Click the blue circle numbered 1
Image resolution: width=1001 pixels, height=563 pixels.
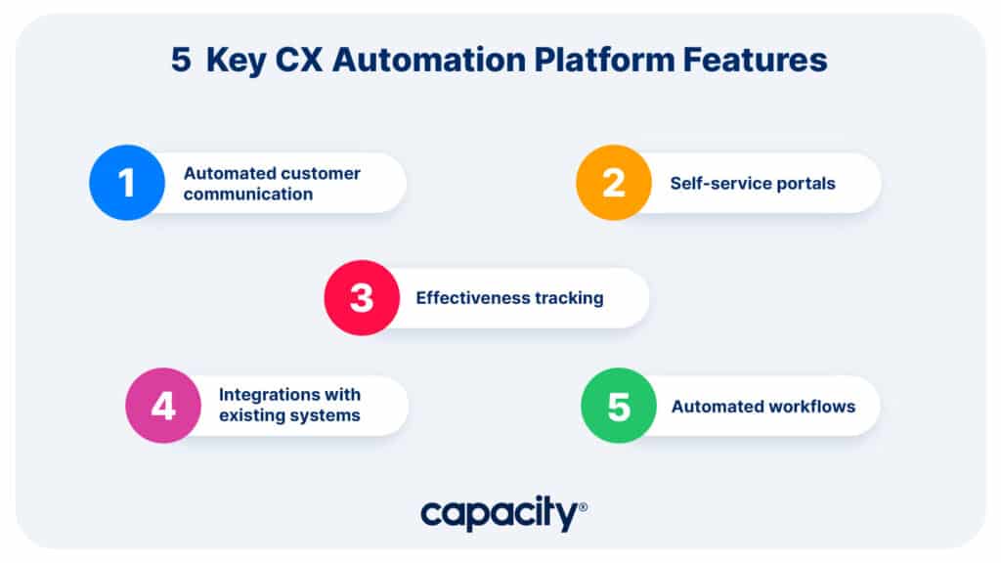(127, 183)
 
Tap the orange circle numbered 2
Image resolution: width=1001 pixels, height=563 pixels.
(613, 183)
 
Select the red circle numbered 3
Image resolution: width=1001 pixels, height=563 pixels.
(362, 298)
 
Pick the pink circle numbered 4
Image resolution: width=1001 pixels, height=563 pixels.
(163, 406)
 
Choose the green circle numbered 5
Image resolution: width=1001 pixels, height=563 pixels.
(619, 406)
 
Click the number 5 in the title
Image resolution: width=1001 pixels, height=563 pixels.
(181, 61)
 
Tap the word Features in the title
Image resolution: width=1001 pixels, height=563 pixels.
(756, 61)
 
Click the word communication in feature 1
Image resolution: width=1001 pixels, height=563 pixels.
(248, 194)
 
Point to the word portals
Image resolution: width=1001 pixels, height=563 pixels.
(806, 183)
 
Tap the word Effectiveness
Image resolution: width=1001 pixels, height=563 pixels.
(472, 298)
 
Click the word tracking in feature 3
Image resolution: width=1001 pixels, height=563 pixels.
(569, 298)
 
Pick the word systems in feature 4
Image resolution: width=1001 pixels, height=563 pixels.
(326, 415)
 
